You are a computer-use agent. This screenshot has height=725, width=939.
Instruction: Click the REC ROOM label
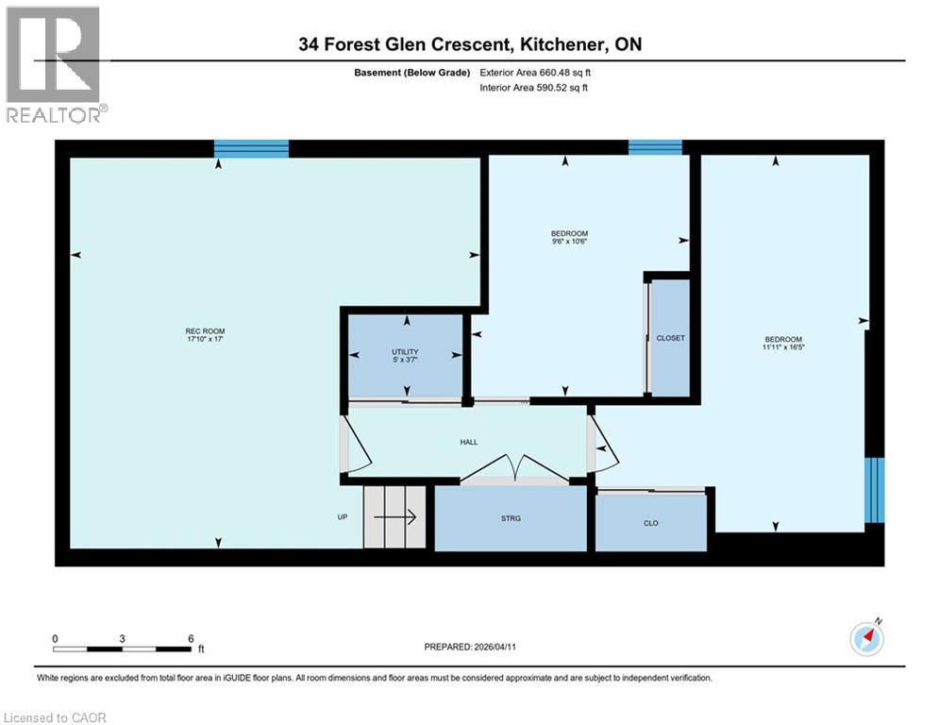point(205,330)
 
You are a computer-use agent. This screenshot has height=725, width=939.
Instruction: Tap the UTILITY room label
point(405,351)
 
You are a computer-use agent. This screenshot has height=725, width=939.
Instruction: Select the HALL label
point(469,441)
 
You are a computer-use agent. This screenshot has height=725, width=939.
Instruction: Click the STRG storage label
point(511,517)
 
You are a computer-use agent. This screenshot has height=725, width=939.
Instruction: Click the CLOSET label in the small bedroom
point(670,338)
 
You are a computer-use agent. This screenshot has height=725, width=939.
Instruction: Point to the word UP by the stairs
point(344,517)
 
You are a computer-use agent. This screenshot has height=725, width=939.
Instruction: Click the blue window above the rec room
point(251,148)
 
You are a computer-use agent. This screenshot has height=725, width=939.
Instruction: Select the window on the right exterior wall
point(875,490)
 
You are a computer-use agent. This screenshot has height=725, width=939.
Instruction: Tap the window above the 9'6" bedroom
point(655,146)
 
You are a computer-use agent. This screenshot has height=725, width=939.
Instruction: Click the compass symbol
point(865,639)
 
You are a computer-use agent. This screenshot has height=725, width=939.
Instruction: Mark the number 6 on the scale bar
point(191,638)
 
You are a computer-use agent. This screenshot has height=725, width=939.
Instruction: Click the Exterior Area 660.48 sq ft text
point(534,72)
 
